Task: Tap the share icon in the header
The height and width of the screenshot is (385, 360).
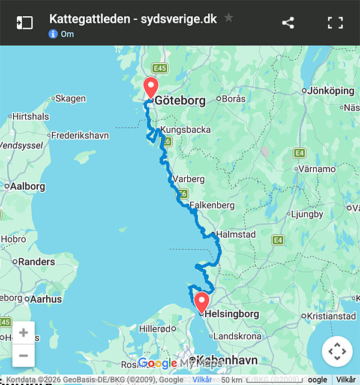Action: coord(288,23)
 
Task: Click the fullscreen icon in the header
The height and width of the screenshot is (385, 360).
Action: coord(335,23)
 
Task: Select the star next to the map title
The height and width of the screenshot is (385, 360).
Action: coord(229,18)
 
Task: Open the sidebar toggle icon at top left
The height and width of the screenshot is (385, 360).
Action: coord(24,23)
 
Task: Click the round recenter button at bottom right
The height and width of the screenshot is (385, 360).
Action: coord(337,351)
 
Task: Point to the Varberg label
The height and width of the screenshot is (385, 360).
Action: coord(188,179)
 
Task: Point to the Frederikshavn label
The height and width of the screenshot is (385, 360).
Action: coord(80,136)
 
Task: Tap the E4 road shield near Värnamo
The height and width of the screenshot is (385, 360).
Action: coord(300,154)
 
